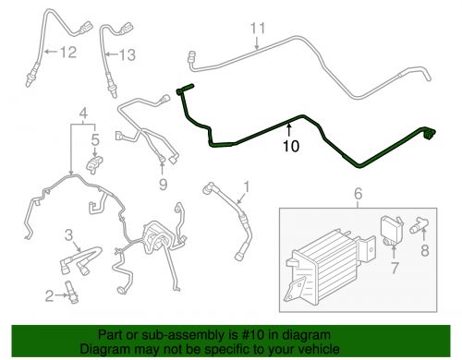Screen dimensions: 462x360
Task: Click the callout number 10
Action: coord(291,146)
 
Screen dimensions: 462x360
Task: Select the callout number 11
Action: coord(258,29)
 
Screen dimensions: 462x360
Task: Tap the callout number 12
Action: coord(68,52)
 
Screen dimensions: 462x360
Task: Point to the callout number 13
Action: coord(128,55)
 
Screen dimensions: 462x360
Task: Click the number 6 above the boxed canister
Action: coord(359,194)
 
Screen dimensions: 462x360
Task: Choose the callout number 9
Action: coord(164,185)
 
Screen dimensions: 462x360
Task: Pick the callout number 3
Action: coord(68,235)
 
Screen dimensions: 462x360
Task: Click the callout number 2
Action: coord(49,296)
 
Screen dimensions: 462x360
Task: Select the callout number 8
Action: coord(425,250)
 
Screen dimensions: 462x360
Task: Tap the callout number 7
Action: coord(395,268)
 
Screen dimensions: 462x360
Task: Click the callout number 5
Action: coord(95,139)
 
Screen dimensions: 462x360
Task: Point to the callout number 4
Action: coord(83,113)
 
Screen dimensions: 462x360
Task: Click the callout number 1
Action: coord(247,186)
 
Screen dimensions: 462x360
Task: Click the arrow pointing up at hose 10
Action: coord(289,129)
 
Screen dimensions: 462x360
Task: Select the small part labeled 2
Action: coord(71,293)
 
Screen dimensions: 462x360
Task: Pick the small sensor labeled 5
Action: coord(93,164)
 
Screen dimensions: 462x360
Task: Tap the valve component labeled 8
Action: coord(419,224)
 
